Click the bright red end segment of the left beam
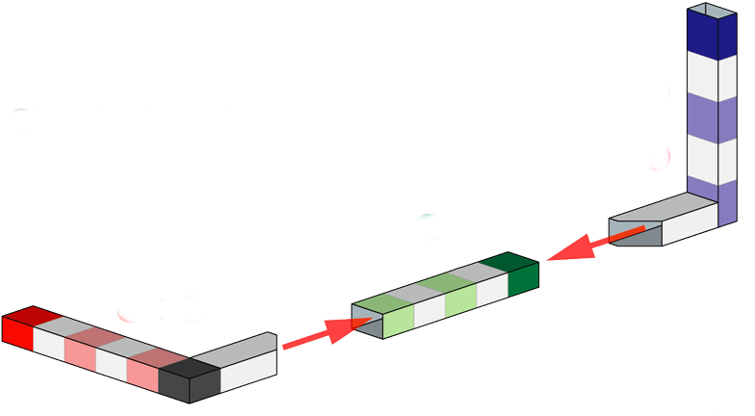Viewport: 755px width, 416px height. pyautogui.click(x=17, y=333)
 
